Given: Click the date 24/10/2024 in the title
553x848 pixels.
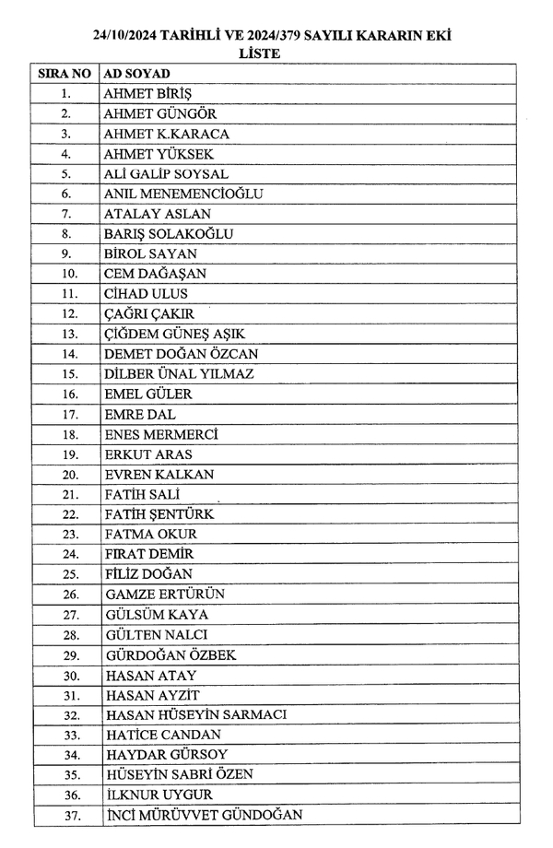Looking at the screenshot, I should tap(128, 37).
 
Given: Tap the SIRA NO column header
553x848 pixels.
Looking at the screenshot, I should tap(65, 73).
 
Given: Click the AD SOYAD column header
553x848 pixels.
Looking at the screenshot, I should tap(137, 73).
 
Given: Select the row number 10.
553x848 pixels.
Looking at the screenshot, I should tap(65, 274).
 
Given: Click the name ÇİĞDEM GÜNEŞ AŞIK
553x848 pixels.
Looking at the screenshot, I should tap(174, 334).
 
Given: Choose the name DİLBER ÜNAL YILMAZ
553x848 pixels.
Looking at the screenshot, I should tap(180, 374).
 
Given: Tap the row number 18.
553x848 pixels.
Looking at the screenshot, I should tap(65, 434).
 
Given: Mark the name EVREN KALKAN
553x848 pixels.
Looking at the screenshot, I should tap(159, 475).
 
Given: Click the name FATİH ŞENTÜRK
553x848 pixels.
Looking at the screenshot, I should tap(160, 514).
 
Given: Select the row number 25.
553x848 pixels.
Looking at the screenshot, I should tap(65, 574).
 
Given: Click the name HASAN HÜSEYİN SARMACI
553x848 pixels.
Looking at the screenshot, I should tap(197, 715).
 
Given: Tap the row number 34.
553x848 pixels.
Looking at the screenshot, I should tap(65, 755).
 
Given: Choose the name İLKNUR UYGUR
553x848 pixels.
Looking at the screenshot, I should tap(159, 795).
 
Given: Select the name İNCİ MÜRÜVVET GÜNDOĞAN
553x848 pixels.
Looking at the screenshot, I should tap(204, 816).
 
